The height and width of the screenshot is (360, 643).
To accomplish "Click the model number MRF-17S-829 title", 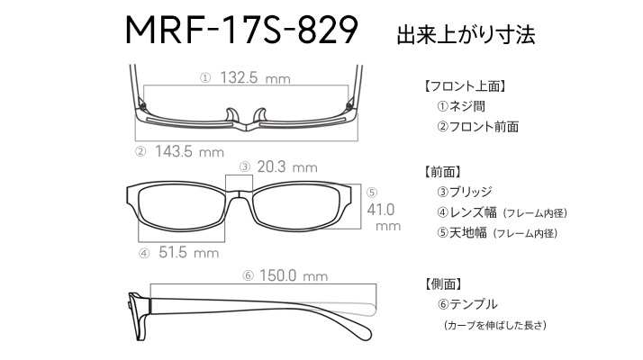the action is coord(241,31).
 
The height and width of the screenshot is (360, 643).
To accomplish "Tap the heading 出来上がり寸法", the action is coord(466,35).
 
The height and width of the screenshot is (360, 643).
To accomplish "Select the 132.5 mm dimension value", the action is coord(255,77).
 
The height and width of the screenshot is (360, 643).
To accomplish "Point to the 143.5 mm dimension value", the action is coord(189,151).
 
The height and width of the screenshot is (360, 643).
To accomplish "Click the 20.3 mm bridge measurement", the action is coord(287,166).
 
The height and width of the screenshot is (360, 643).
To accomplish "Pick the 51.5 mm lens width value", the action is coord(188,252).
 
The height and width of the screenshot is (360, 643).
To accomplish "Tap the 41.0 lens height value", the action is coord(381,210).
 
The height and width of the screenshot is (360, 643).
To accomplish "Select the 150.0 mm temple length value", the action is coord(294,275).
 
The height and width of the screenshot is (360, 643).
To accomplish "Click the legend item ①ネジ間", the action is coord(461,106).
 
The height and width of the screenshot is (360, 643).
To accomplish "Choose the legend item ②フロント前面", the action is coord(477,126).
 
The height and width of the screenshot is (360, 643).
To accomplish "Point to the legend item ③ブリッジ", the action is coord(464,192).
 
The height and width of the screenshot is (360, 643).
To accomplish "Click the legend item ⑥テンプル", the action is coord(467,304).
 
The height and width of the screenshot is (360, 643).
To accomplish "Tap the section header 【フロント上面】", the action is coord(464,86).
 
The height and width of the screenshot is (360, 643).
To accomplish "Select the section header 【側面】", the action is coord(444,283).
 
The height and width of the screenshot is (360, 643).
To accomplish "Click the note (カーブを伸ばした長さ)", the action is coord(495,325).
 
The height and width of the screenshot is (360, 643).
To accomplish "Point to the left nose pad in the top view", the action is coord(231,115).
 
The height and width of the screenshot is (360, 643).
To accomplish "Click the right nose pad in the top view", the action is coord(260,115).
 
